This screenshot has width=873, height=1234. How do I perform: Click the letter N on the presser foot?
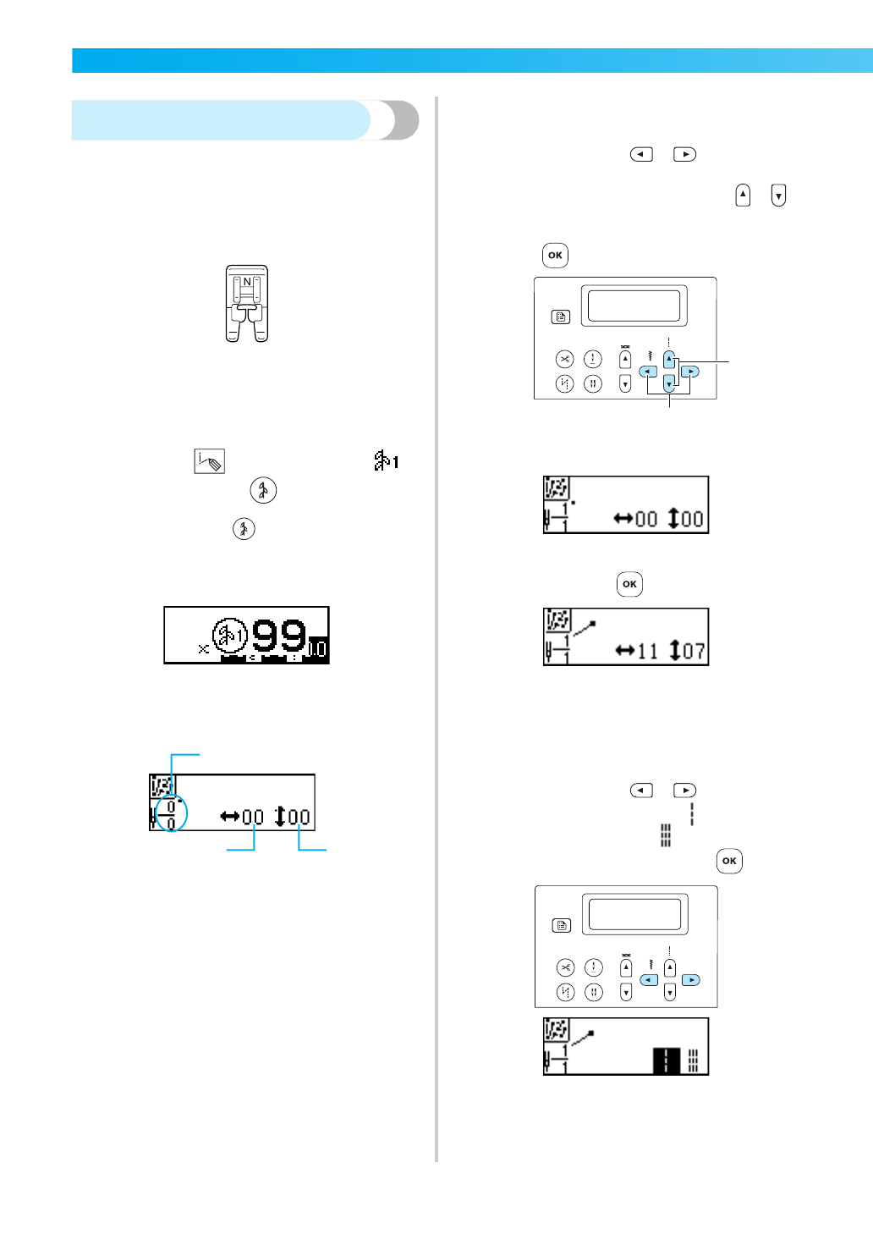(247, 282)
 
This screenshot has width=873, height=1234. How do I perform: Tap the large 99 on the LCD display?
(278, 636)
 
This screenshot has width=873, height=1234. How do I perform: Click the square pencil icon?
(209, 461)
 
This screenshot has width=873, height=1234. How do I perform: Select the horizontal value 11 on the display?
(647, 652)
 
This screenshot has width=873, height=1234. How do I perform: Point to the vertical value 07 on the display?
(694, 652)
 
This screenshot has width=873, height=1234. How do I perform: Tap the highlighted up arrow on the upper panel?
(669, 360)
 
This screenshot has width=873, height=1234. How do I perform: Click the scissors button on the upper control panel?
(564, 359)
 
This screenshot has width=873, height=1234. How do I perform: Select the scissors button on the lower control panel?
(565, 967)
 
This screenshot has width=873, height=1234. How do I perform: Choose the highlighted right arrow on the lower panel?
(691, 980)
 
